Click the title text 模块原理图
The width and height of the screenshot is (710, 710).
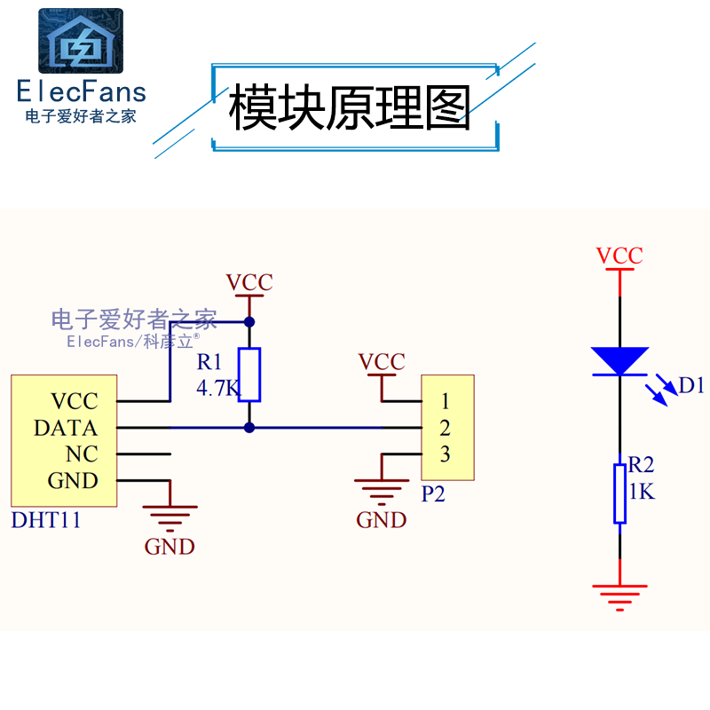pyautogui.click(x=350, y=109)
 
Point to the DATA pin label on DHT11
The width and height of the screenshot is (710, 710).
pyautogui.click(x=65, y=428)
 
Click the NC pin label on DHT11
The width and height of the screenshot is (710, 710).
pyautogui.click(x=81, y=454)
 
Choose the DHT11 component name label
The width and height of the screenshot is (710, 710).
pyautogui.click(x=45, y=520)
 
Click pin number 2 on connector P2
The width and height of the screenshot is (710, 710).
pyautogui.click(x=445, y=428)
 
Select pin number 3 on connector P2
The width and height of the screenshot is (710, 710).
pyautogui.click(x=445, y=454)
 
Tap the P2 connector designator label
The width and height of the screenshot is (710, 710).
pyautogui.click(x=432, y=494)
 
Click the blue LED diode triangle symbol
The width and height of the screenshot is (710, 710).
pyautogui.click(x=619, y=360)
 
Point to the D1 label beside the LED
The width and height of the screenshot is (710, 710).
pyautogui.click(x=690, y=385)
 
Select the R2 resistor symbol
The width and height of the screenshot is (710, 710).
pyautogui.click(x=619, y=493)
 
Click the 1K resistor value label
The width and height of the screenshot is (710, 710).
pyautogui.click(x=642, y=491)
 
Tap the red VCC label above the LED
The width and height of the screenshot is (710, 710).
pyautogui.click(x=619, y=256)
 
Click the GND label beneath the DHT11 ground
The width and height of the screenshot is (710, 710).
pyautogui.click(x=170, y=547)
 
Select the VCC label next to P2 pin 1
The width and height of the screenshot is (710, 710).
pyautogui.click(x=382, y=362)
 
